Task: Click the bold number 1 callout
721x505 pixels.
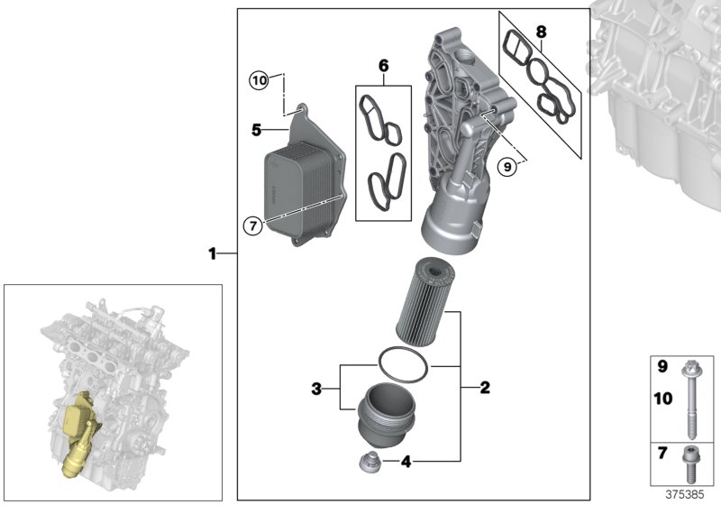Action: click(213, 255)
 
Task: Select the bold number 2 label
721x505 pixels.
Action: click(485, 389)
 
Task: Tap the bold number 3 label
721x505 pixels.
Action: click(316, 389)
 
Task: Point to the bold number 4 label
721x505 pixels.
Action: click(406, 462)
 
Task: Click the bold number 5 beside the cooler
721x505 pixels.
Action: click(257, 132)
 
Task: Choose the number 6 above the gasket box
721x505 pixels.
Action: click(383, 66)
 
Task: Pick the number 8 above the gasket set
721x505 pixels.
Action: click(541, 32)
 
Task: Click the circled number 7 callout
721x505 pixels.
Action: click(253, 225)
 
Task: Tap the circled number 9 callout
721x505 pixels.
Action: click(507, 165)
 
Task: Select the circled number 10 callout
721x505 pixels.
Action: click(260, 80)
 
